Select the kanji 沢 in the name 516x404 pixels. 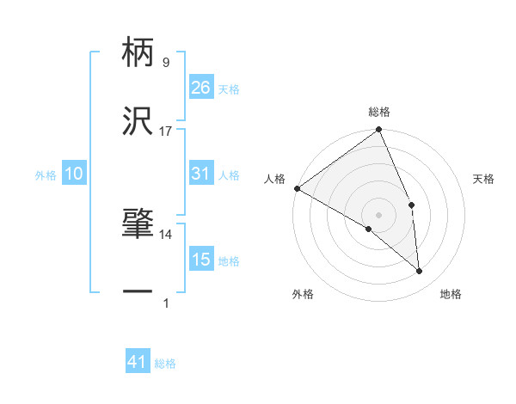[x=138, y=123]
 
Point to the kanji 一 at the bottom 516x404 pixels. [x=138, y=293]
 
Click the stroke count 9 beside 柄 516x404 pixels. [x=165, y=63]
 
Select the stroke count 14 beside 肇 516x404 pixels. [x=165, y=234]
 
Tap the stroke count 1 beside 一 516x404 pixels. [x=165, y=302]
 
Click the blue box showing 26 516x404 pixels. [x=200, y=88]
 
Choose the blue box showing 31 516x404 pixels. [x=200, y=174]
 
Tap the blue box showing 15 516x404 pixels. [x=200, y=260]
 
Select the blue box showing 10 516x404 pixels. [x=74, y=174]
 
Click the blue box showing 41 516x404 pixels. [x=138, y=363]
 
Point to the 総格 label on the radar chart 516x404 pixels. [x=379, y=113]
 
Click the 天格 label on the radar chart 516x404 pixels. [x=483, y=180]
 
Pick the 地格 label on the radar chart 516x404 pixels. [x=451, y=295]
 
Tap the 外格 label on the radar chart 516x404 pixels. [x=303, y=295]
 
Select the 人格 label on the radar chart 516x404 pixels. [x=274, y=180]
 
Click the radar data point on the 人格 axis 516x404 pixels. [x=297, y=188]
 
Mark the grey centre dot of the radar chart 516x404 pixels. [x=379, y=214]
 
